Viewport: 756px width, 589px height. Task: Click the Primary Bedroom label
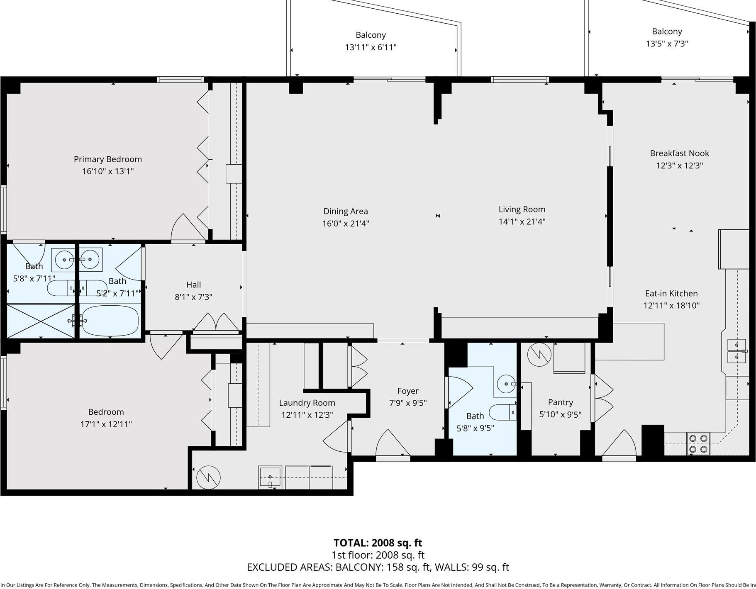(x=107, y=159)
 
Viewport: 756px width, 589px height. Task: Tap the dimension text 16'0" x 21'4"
(x=346, y=224)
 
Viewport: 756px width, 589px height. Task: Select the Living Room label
(x=522, y=209)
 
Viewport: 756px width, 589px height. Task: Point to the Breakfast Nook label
(x=679, y=153)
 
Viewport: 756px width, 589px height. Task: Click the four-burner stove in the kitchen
(x=697, y=443)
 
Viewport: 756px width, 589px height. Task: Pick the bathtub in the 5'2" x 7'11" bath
(x=110, y=320)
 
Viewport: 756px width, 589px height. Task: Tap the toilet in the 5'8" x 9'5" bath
(x=502, y=412)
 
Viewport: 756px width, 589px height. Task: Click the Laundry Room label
(x=307, y=403)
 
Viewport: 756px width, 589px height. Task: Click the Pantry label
(x=560, y=402)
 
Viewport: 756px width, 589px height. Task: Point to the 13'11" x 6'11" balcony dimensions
(x=371, y=47)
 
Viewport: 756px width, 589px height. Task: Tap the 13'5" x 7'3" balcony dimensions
(x=667, y=44)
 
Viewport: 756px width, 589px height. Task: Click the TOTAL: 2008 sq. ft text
(x=378, y=543)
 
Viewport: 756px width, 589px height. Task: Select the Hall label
(x=193, y=285)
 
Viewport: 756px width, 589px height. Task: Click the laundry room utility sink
(x=270, y=477)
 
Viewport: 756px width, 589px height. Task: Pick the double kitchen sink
(x=736, y=350)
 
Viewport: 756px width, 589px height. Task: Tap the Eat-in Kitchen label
(x=671, y=293)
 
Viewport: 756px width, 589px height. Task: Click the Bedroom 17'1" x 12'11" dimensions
(x=106, y=424)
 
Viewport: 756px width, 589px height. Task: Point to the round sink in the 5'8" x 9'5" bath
(x=506, y=384)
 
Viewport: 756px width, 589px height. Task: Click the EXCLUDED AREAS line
(x=378, y=567)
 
